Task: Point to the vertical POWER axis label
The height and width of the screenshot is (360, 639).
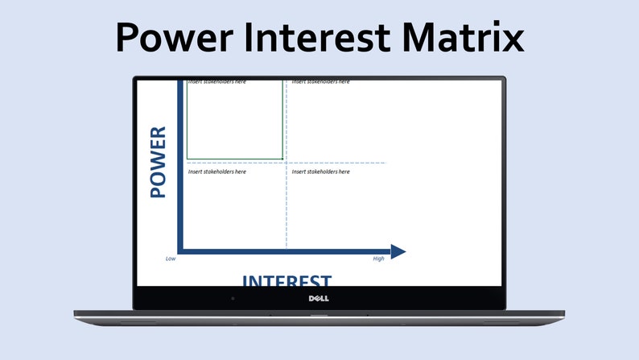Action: coord(158,163)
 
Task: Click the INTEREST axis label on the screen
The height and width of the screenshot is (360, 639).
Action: coord(287,281)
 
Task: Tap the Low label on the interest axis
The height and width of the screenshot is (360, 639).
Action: coord(171,259)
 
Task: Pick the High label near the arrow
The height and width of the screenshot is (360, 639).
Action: coord(378,259)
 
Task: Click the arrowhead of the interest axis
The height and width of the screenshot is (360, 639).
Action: coord(398,251)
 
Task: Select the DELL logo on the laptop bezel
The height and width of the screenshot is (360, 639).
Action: coord(319,299)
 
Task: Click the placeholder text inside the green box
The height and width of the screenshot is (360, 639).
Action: coord(217,81)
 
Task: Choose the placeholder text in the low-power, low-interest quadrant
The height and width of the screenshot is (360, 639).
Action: coord(217,172)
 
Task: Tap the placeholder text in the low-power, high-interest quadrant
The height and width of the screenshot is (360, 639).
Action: coord(320,172)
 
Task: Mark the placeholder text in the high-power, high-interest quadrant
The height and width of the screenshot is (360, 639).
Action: coord(320,81)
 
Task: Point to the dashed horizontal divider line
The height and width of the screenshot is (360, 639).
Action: coord(338,163)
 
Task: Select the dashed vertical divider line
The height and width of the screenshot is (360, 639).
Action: coord(286,209)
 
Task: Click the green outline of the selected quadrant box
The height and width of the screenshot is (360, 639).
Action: coord(187,121)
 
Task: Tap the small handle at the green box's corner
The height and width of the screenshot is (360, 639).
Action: coord(282,159)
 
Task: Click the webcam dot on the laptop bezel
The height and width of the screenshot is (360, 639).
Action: coord(233,299)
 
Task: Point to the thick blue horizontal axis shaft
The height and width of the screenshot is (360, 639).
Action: coord(282,251)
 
